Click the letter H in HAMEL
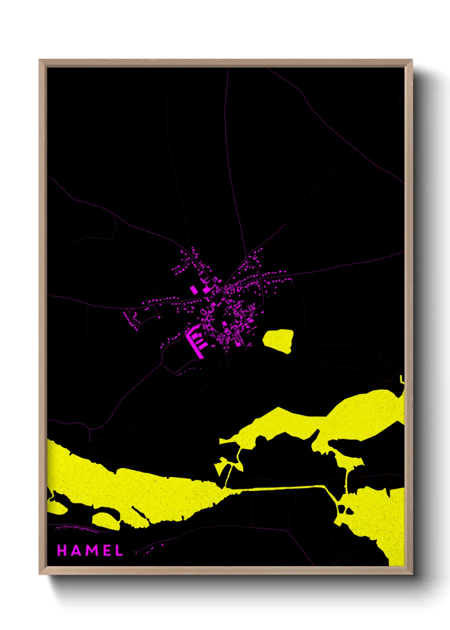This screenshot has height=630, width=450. [x=62, y=550]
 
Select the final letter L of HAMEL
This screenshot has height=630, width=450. [x=119, y=550]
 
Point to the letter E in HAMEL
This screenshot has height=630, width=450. [x=106, y=550]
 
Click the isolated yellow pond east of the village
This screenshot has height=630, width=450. [x=279, y=340]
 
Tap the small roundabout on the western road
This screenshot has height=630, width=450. [x=129, y=309]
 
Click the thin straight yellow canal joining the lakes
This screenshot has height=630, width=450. [x=281, y=488]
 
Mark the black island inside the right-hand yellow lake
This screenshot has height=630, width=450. [x=350, y=510]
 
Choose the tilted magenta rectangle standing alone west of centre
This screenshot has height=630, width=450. [x=194, y=290]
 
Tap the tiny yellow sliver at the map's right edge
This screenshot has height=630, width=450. [x=402, y=379]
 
